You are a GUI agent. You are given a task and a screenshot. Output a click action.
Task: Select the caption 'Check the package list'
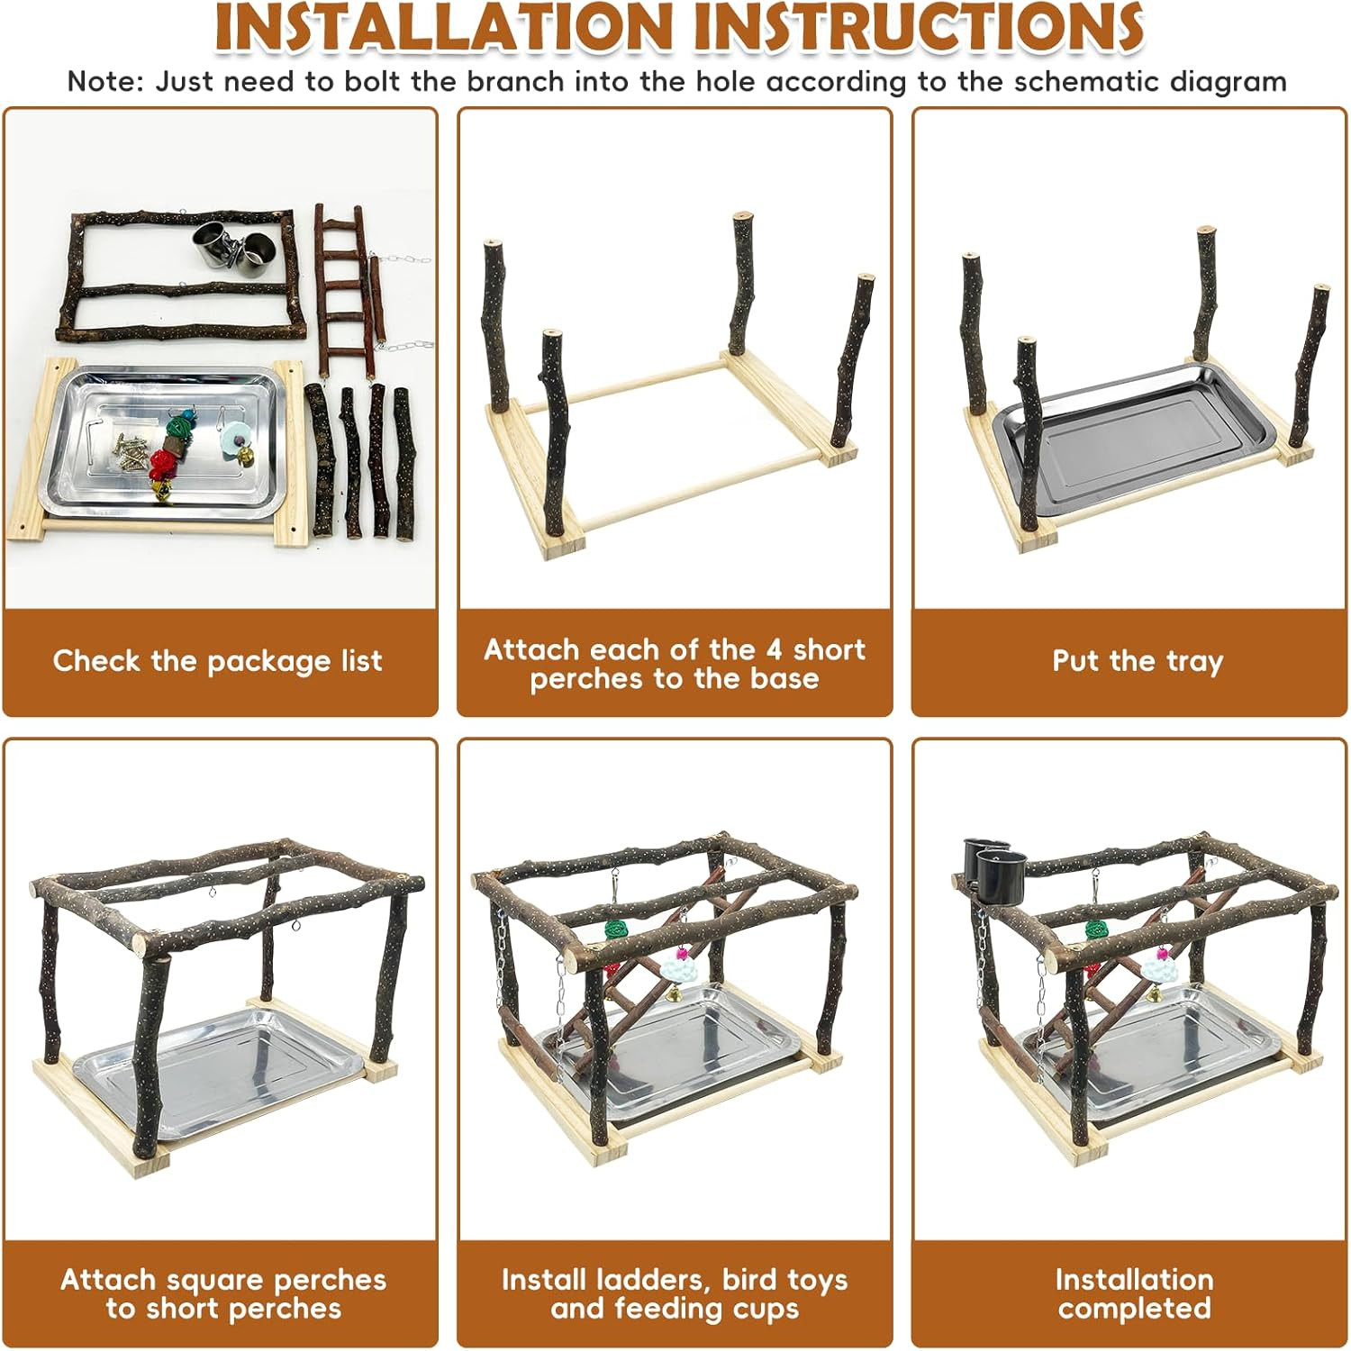[x=218, y=661]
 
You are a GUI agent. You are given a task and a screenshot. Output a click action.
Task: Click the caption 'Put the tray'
[x=1138, y=661]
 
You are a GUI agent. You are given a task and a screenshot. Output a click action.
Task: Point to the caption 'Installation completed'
[x=1134, y=1293]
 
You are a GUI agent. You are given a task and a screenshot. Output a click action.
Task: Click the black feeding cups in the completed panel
[x=993, y=866]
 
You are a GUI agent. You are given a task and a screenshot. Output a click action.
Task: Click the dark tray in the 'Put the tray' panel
[x=1131, y=442]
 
